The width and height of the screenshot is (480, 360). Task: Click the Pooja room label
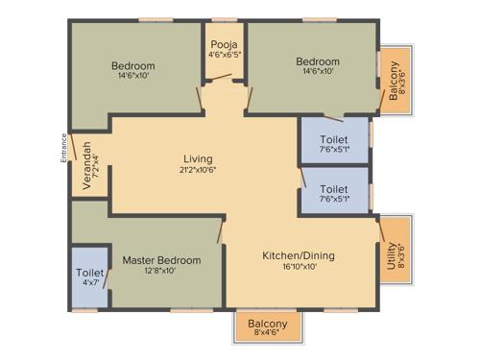click(224, 44)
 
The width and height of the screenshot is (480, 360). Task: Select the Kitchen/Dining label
click(298, 255)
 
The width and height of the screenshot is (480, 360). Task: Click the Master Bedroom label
click(161, 260)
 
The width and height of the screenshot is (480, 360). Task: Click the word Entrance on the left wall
click(64, 147)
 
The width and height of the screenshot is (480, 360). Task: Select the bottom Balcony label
click(267, 324)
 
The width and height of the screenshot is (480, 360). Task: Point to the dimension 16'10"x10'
click(298, 267)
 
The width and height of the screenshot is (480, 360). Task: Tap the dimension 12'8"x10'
click(161, 272)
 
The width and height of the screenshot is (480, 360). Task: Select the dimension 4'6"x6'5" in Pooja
click(224, 55)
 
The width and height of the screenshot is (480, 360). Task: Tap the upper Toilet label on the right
click(334, 139)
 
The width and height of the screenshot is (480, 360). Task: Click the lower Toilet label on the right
click(334, 189)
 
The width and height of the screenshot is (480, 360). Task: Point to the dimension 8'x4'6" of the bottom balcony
click(267, 334)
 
